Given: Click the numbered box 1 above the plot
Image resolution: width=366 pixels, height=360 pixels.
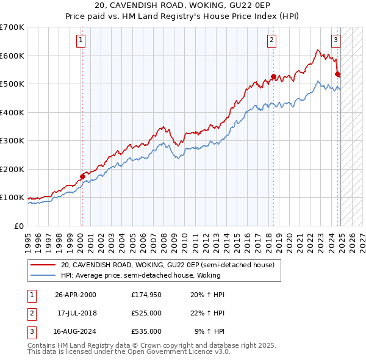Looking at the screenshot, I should (81, 41).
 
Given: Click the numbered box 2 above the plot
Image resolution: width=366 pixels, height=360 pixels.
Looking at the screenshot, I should (271, 41).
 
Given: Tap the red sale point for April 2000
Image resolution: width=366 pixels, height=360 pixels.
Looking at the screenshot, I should (82, 176).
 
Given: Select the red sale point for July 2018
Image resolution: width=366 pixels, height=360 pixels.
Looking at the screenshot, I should (273, 77).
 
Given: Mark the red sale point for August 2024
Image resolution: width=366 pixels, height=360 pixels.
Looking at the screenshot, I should (337, 74).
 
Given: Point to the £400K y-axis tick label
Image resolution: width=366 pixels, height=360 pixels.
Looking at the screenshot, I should (12, 112).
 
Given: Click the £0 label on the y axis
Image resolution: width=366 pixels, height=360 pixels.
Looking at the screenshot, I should (19, 226).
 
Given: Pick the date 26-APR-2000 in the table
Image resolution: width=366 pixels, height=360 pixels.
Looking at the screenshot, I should (76, 295).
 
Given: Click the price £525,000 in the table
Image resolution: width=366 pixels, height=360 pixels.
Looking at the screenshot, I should (146, 313).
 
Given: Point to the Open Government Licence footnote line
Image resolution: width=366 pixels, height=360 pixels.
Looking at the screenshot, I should (129, 352).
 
